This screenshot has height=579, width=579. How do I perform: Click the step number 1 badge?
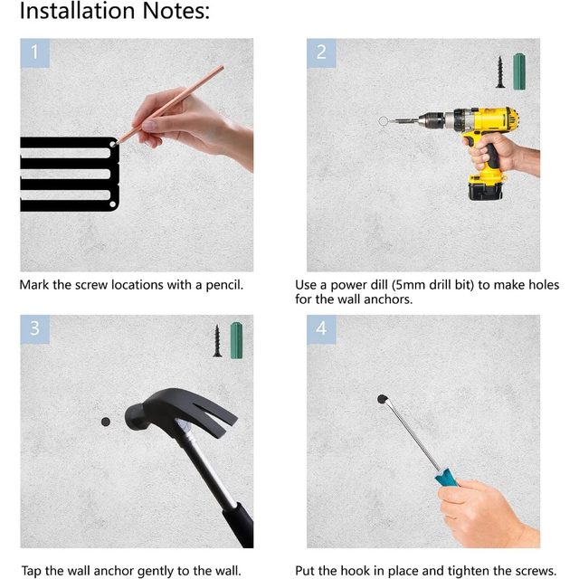pyautogui.click(x=34, y=52)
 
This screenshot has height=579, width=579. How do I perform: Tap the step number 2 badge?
pyautogui.click(x=321, y=52)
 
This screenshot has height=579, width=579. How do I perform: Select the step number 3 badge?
pyautogui.click(x=34, y=329)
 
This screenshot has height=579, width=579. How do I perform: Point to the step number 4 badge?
pyautogui.click(x=321, y=329)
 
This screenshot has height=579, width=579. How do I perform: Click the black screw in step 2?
pyautogui.click(x=500, y=72)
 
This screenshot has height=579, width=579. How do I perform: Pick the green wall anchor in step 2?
pyautogui.click(x=519, y=71)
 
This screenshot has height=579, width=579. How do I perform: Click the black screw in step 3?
pyautogui.click(x=217, y=341)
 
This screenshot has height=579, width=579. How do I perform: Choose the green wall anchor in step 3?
pyautogui.click(x=236, y=340)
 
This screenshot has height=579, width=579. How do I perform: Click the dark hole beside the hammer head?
pyautogui.click(x=106, y=422)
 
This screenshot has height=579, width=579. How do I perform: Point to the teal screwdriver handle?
pyautogui.click(x=446, y=478)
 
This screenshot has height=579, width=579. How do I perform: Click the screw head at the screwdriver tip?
pyautogui.click(x=382, y=399)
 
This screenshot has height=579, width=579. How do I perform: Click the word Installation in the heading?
pyautogui.click(x=77, y=10)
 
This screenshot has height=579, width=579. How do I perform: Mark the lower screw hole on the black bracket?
pyautogui.click(x=112, y=204)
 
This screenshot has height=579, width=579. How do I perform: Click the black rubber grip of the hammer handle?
pyautogui.click(x=238, y=525)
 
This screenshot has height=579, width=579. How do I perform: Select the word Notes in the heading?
pyautogui.click(x=176, y=10)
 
